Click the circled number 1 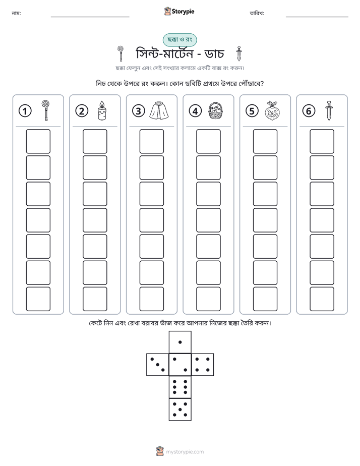pyautogui.click(x=25, y=111)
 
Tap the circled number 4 pyautogui.click(x=195, y=111)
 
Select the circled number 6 pyautogui.click(x=309, y=111)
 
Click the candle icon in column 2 pyautogui.click(x=102, y=110)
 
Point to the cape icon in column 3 pyautogui.click(x=159, y=110)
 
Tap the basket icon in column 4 pyautogui.click(x=216, y=111)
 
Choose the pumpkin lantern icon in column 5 pyautogui.click(x=272, y=110)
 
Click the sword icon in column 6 pyautogui.click(x=329, y=110)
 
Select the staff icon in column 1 pyautogui.click(x=45, y=110)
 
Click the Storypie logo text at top pyautogui.click(x=183, y=12)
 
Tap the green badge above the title pyautogui.click(x=179, y=40)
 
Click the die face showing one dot pyautogui.click(x=180, y=342)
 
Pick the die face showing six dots pyautogui.click(x=180, y=387)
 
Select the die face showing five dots pyautogui.click(x=180, y=410)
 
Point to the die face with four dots pyautogui.click(x=203, y=365)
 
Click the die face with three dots pyautogui.click(x=158, y=365)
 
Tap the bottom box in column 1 pyautogui.click(x=38, y=299)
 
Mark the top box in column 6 pyautogui.click(x=322, y=141)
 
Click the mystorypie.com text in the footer pyautogui.click(x=185, y=452)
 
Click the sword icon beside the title pyautogui.click(x=239, y=54)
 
